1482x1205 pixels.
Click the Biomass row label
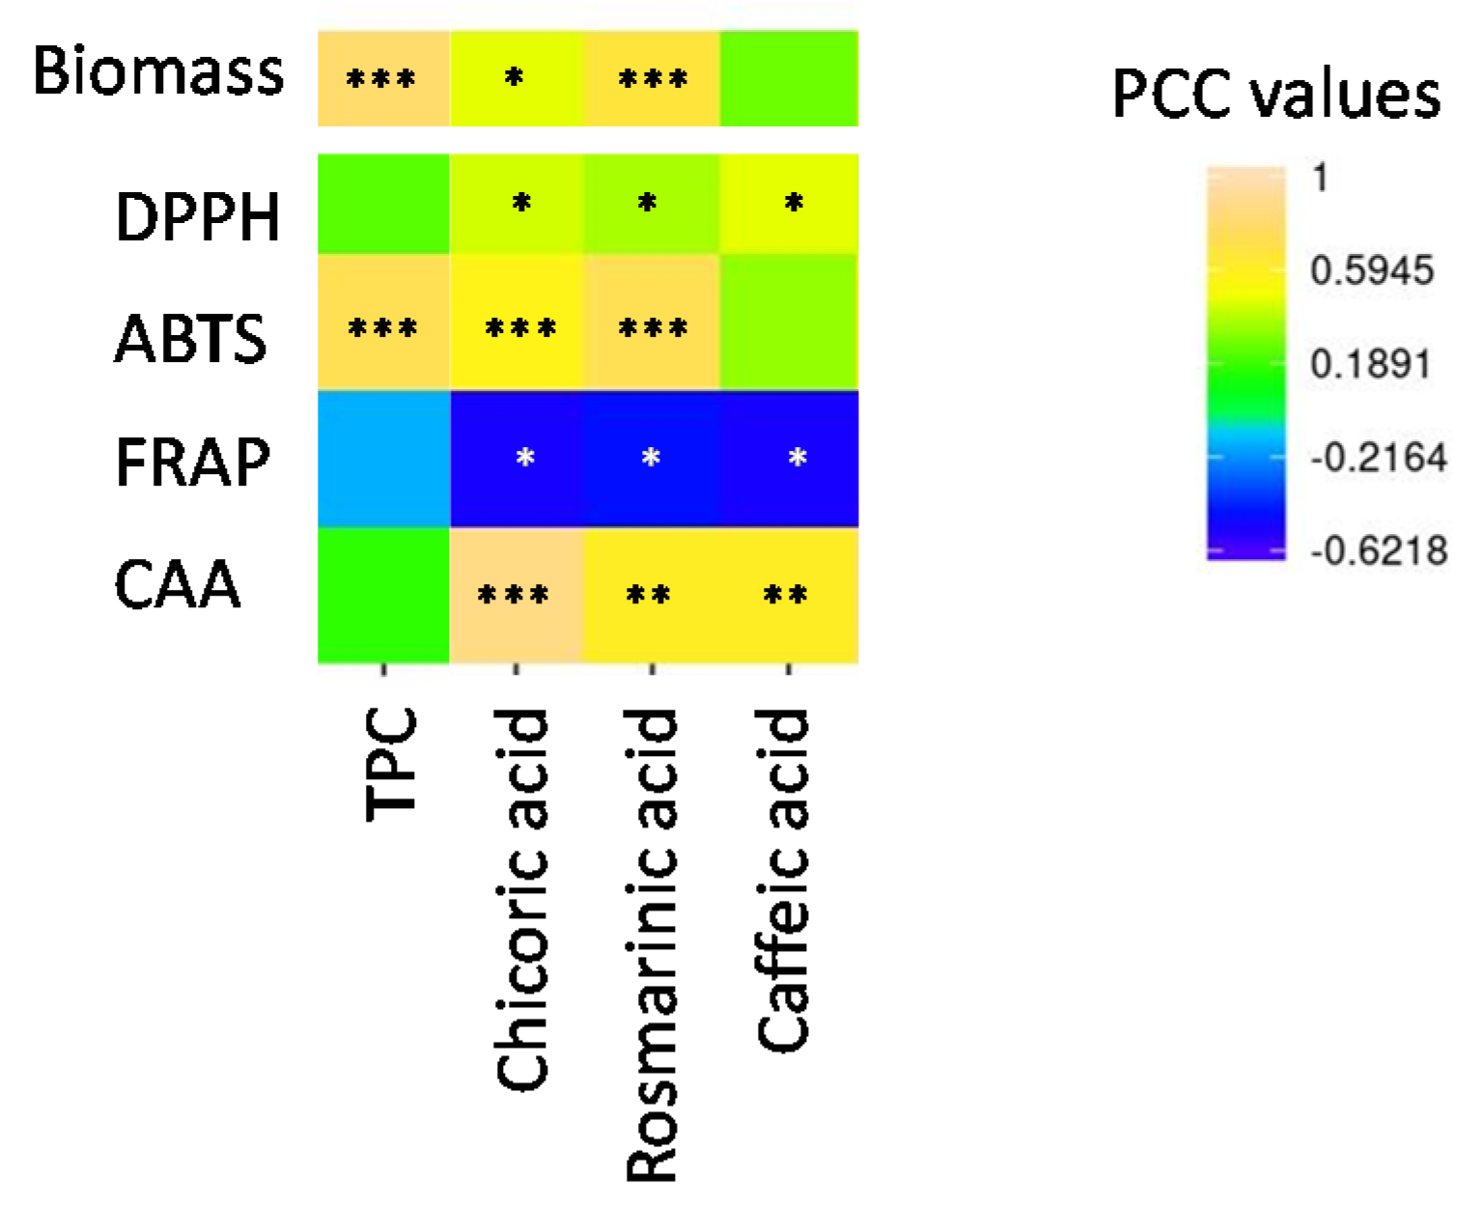pyautogui.click(x=158, y=72)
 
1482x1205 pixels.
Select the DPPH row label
pyautogui.click(x=197, y=216)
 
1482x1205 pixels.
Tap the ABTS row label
pyautogui.click(x=190, y=339)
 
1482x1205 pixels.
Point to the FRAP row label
pyautogui.click(x=192, y=462)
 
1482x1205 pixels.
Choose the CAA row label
pyautogui.click(x=177, y=584)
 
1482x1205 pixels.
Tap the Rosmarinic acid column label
pyautogui.click(x=651, y=946)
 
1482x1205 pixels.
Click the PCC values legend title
pyautogui.click(x=1276, y=94)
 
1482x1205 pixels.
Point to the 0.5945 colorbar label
pyautogui.click(x=1371, y=271)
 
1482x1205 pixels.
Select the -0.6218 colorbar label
pyautogui.click(x=1379, y=551)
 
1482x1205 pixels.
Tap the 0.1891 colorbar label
pyautogui.click(x=1370, y=365)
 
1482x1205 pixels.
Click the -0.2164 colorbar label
pyautogui.click(x=1379, y=458)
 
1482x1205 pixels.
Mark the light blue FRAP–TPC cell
pyautogui.click(x=384, y=459)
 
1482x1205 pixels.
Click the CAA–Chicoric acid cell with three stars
pyautogui.click(x=516, y=595)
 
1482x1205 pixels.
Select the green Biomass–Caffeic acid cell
pyautogui.click(x=789, y=78)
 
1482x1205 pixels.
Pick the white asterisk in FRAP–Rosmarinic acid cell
pyautogui.click(x=651, y=458)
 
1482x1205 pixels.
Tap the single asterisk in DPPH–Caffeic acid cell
pyautogui.click(x=794, y=204)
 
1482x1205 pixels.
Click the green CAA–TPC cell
pyautogui.click(x=384, y=595)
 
